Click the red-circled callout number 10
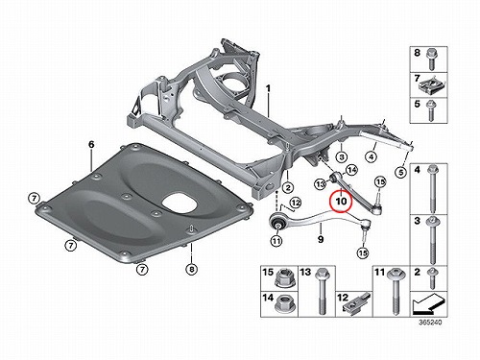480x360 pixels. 341,201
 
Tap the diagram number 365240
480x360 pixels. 430,323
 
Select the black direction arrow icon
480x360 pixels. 428,304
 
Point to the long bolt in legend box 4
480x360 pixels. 434,188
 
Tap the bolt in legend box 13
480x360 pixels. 321,291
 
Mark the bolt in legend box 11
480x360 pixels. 395,291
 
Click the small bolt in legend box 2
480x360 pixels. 432,278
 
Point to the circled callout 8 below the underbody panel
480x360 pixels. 191,270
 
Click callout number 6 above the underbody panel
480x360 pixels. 91,145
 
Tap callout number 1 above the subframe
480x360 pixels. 268,88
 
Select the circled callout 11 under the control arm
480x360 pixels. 276,240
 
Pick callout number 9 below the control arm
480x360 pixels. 321,239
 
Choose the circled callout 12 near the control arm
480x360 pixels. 296,203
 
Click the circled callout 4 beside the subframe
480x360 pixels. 372,156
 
